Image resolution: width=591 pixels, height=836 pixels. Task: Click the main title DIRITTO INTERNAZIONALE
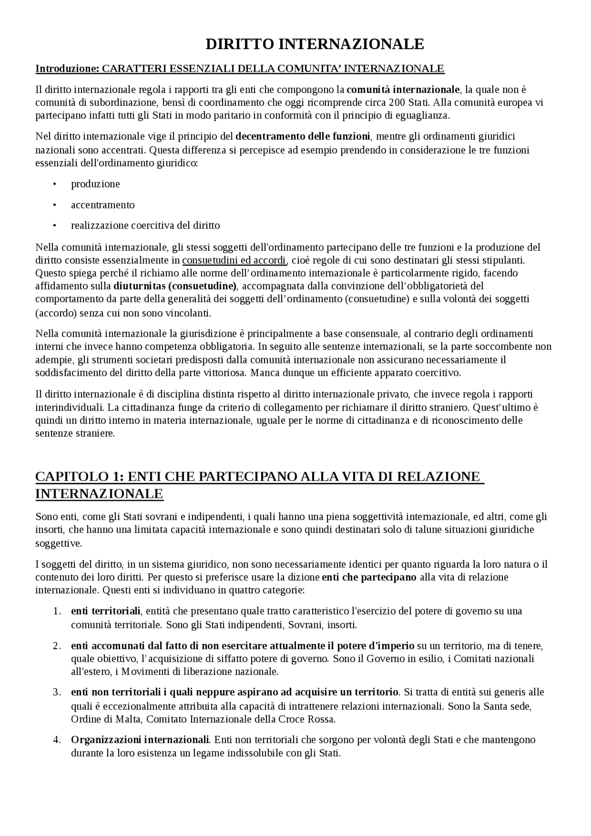click(314, 44)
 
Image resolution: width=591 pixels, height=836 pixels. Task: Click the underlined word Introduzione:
click(67, 69)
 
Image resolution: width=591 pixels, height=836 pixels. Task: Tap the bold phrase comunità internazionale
click(403, 89)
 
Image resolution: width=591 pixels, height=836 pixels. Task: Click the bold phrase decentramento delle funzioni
click(302, 136)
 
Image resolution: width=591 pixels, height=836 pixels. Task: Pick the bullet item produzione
click(95, 184)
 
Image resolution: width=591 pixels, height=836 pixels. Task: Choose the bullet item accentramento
click(103, 205)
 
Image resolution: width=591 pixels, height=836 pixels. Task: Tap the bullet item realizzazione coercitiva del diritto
click(145, 226)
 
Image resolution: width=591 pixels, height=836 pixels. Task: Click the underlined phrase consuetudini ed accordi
click(234, 260)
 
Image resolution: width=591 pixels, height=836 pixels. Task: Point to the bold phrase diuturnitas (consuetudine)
click(175, 286)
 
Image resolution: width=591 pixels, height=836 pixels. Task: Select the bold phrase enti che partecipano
click(369, 577)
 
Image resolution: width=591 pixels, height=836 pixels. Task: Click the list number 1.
click(57, 611)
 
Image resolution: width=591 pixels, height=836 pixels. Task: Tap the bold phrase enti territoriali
click(105, 611)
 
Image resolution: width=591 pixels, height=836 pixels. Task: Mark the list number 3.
click(57, 692)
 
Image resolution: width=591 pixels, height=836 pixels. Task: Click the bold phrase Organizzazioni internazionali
click(140, 740)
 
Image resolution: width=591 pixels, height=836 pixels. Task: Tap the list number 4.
click(57, 740)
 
